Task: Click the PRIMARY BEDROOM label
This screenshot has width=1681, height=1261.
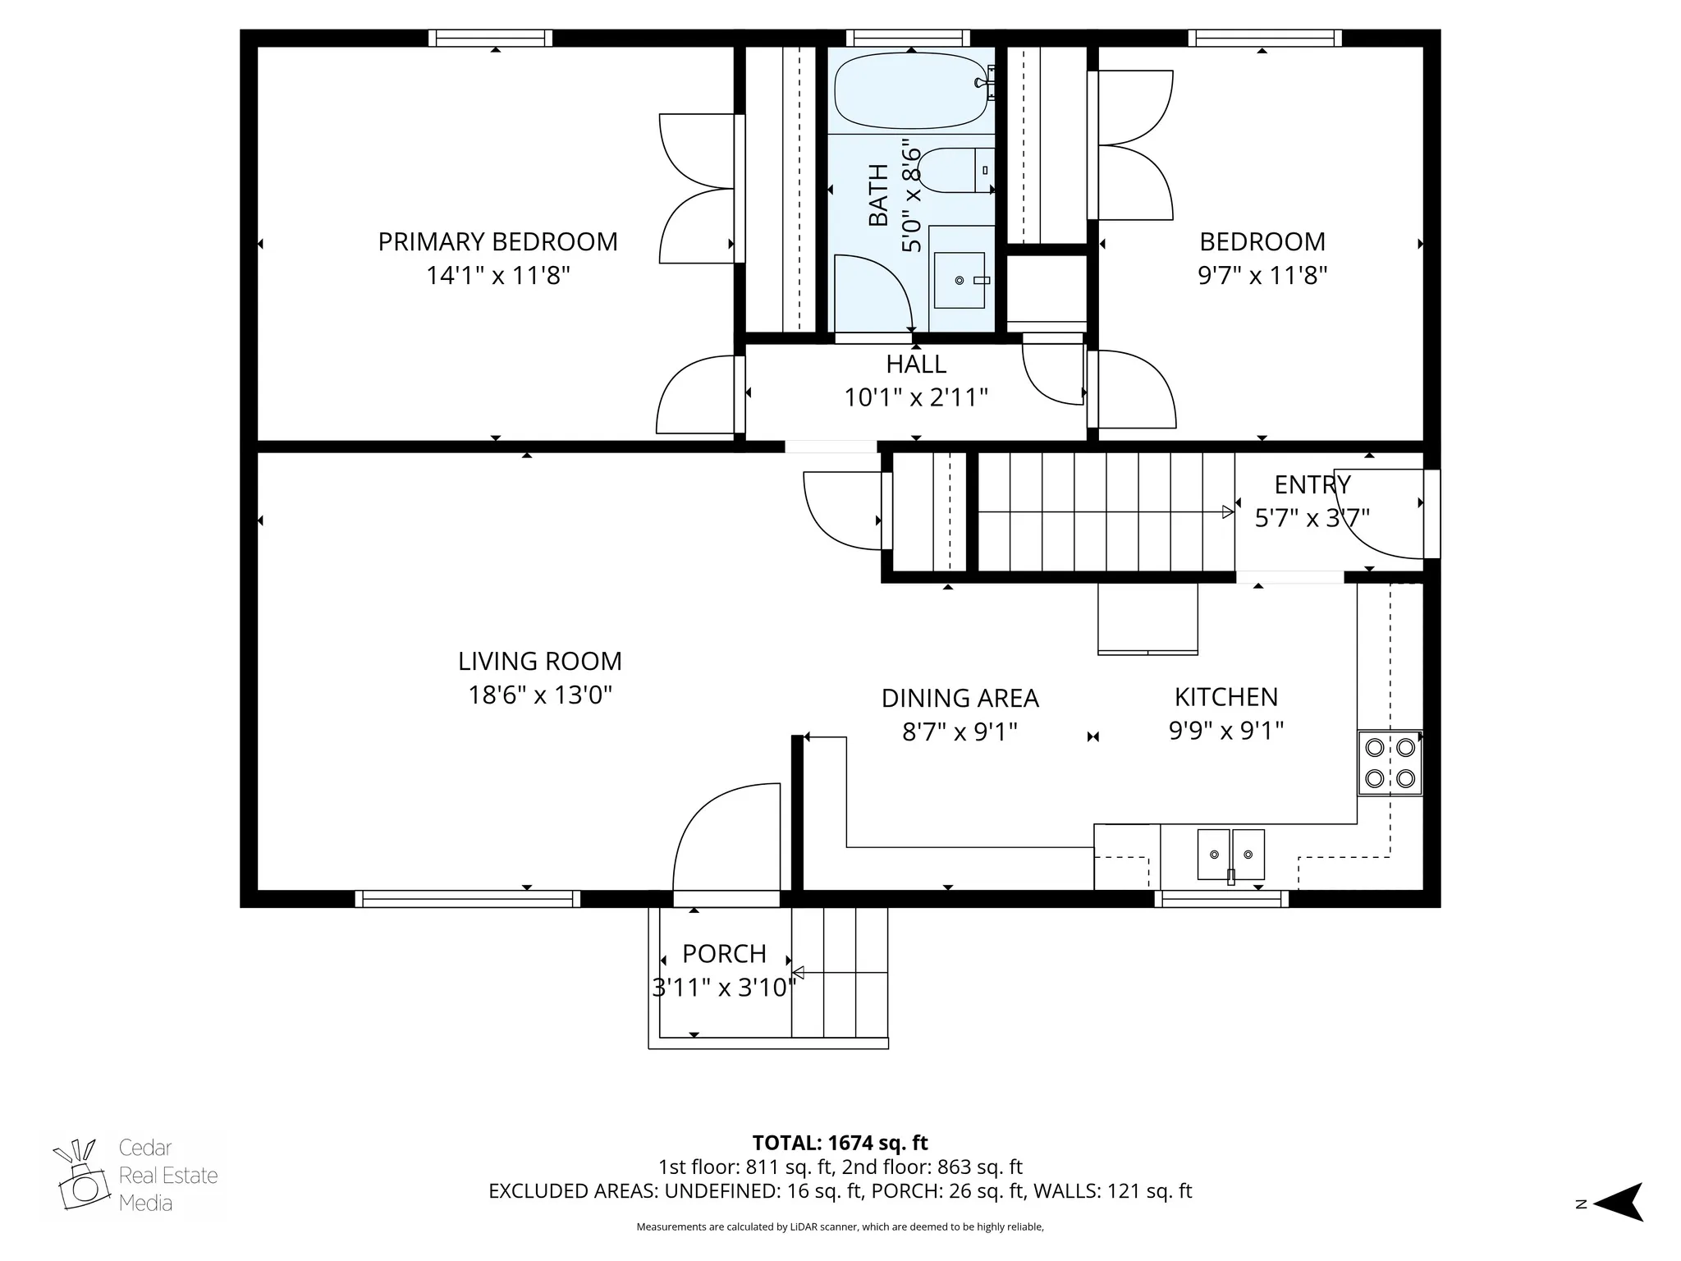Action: point(497,242)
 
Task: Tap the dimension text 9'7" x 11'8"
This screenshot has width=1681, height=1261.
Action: point(1262,275)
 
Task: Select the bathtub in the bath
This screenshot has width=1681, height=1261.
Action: point(909,90)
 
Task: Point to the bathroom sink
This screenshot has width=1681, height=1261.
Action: point(959,280)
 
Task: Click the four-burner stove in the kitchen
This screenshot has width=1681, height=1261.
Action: point(1390,763)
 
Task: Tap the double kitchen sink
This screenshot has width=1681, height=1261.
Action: point(1230,855)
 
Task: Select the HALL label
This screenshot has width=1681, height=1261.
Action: point(916,364)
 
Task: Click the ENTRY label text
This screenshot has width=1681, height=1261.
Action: point(1312,484)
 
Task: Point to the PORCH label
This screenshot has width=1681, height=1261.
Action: point(724,954)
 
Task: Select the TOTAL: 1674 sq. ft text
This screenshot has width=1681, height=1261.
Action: point(840,1143)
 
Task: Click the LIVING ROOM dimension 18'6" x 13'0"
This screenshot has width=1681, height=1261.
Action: point(540,695)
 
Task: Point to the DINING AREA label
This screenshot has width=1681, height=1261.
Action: point(960,699)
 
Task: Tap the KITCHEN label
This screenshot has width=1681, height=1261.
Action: point(1225,697)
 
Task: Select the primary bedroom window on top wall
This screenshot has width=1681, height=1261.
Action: point(491,38)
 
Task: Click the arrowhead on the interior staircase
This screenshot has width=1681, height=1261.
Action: point(1227,512)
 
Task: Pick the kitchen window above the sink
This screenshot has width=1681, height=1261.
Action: point(1221,899)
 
